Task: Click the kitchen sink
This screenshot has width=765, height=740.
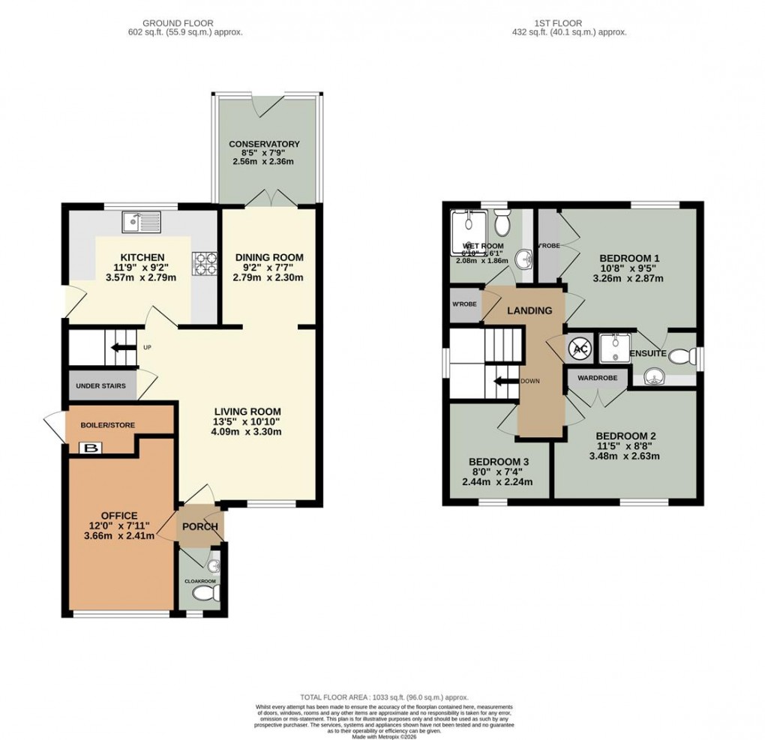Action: [x=142, y=222]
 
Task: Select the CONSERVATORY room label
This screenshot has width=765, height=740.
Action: [x=264, y=144]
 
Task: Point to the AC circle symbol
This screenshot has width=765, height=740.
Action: [x=580, y=347]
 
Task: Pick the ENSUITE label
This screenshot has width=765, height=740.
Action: [x=648, y=353]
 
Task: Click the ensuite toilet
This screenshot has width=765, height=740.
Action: [x=682, y=356]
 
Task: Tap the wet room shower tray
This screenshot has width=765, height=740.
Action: [x=468, y=223]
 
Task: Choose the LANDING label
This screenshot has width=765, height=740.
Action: [x=529, y=310]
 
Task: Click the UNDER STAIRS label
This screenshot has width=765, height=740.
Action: [x=102, y=385]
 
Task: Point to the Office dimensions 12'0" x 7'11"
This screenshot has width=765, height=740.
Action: [x=119, y=526]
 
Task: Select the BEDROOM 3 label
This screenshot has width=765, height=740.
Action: [x=499, y=461]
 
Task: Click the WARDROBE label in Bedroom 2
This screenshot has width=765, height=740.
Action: [x=597, y=378]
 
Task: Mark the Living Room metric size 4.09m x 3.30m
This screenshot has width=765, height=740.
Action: [x=247, y=432]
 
